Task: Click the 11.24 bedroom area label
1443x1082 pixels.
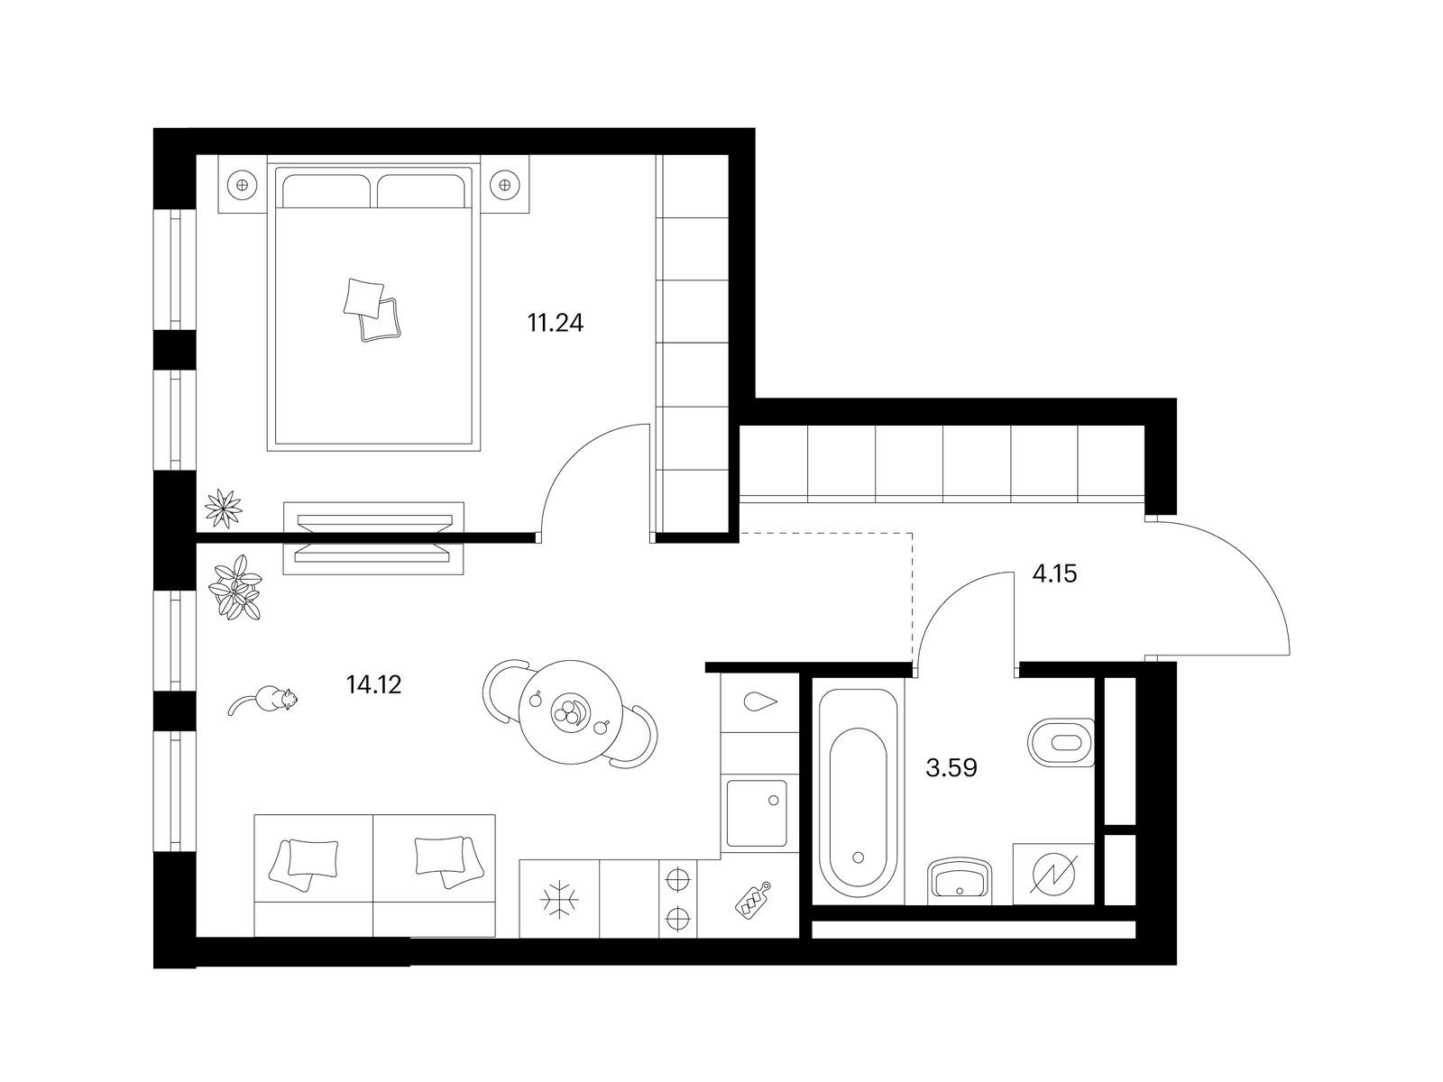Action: tap(555, 323)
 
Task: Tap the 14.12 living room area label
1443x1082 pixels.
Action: tap(373, 685)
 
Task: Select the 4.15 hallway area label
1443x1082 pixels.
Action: tap(1054, 574)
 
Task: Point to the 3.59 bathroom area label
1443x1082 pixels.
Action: tap(951, 767)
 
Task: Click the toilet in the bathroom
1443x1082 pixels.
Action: tap(1061, 742)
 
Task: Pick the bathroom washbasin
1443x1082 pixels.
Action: tap(960, 881)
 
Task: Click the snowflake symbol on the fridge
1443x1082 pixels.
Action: tap(559, 897)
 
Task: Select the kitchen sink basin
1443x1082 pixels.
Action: tap(757, 813)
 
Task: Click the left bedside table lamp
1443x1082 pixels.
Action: tap(242, 184)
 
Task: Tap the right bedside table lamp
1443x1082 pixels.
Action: tap(505, 184)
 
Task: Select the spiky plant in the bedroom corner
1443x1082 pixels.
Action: tap(223, 508)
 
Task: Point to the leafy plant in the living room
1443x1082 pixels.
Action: tap(234, 587)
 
